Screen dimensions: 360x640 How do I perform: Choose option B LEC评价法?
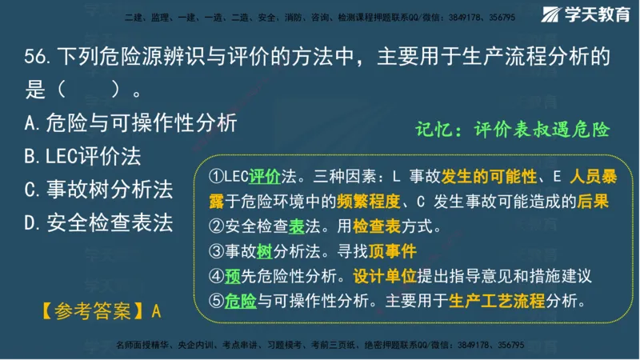(83, 157)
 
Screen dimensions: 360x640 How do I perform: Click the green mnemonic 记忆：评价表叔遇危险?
(513, 130)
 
